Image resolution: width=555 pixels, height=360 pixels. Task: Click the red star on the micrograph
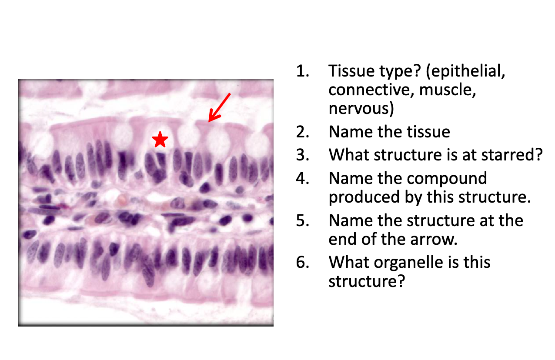pos(160,140)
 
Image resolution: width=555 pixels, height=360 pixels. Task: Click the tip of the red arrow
pos(209,122)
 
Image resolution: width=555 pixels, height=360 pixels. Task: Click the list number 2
pos(303,132)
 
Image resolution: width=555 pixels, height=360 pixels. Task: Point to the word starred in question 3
pos(508,155)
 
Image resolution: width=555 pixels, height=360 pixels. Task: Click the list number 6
pos(303,262)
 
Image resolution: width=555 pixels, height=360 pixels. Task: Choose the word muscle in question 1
pos(448,90)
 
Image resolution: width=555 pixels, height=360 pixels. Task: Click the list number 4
pos(303,179)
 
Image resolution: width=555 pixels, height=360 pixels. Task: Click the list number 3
pos(303,155)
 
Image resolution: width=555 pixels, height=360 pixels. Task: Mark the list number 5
pos(303,220)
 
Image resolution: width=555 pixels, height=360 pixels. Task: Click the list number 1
pos(303,71)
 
